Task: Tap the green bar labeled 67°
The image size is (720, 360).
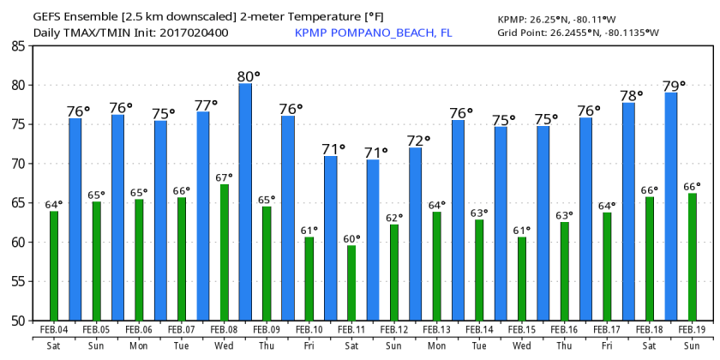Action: pyautogui.click(x=225, y=252)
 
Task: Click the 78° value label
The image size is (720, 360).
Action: pyautogui.click(x=633, y=95)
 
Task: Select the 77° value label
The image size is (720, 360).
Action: pyautogui.click(x=207, y=105)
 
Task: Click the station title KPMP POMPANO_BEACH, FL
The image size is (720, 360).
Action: pyautogui.click(x=373, y=33)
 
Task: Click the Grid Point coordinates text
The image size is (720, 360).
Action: pyautogui.click(x=579, y=33)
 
